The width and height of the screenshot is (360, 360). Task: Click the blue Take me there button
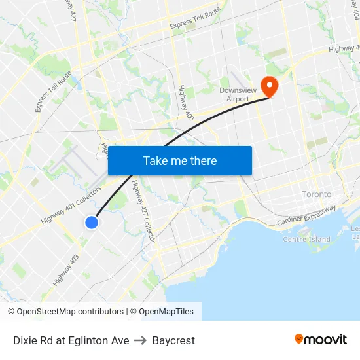coord(180,160)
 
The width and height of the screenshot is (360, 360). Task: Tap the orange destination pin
coord(269,86)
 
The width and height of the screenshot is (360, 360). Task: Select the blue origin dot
coord(92,223)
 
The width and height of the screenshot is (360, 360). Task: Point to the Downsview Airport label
coord(234,94)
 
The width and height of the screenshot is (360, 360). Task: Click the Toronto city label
coord(317,194)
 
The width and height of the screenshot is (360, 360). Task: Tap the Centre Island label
coord(306,239)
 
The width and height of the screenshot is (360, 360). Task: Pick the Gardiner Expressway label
coord(306,217)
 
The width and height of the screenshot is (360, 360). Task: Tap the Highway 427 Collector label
coord(143,213)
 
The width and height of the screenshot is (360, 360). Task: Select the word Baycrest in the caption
coord(173,340)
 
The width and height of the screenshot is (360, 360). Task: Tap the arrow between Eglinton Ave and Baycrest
coord(141,340)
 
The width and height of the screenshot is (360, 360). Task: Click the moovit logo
coord(321,339)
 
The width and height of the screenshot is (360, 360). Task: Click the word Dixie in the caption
coord(25,340)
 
